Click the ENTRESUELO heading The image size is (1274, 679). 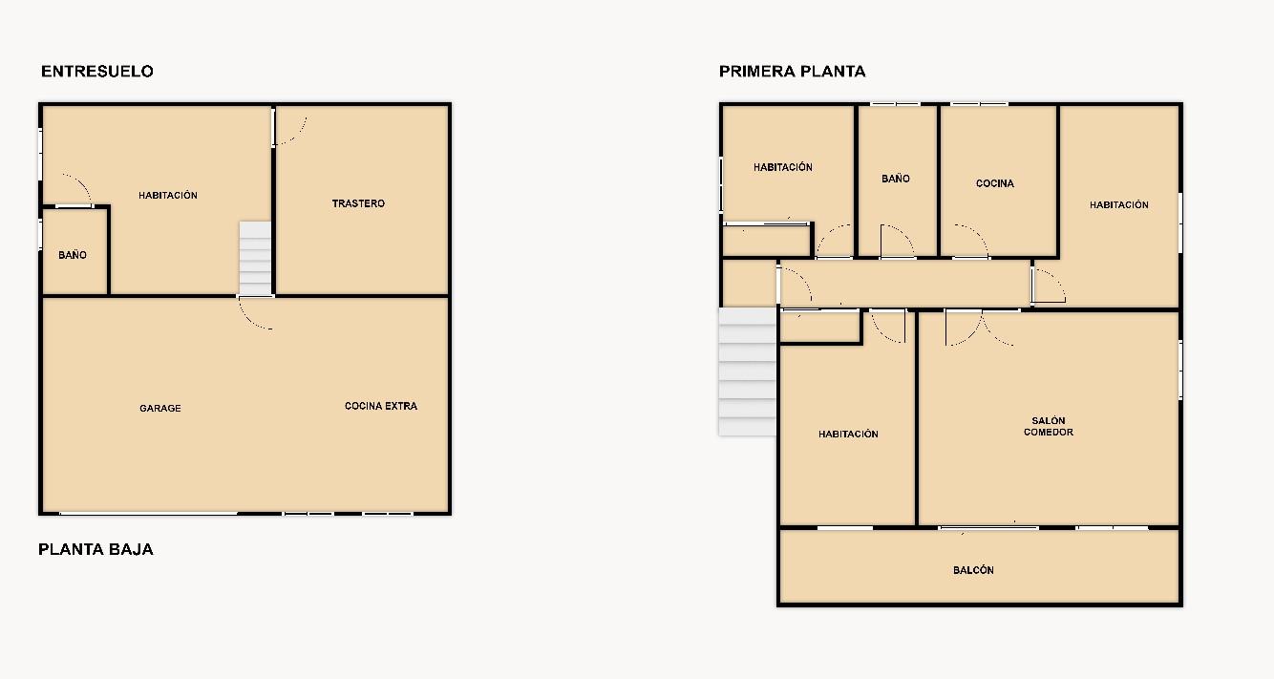tap(97, 71)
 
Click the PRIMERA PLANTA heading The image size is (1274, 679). tap(793, 71)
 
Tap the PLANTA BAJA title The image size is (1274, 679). tap(96, 549)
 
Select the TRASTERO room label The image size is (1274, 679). tap(358, 203)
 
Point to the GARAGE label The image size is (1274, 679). tap(160, 409)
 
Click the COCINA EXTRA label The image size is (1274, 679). tap(381, 406)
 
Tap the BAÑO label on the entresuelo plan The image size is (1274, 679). tap(73, 255)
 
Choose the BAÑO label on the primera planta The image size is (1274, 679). tap(896, 179)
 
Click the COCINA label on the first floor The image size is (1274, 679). tap(995, 183)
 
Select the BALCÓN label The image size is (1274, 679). tap(974, 570)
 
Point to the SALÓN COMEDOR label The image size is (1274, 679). tap(1049, 427)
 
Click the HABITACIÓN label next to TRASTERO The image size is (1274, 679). tap(168, 195)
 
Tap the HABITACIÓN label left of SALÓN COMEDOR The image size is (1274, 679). tap(848, 434)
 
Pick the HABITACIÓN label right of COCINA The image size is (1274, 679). tap(1118, 204)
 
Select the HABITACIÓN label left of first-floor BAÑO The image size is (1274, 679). tap(782, 167)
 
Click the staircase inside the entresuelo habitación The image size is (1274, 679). tap(255, 259)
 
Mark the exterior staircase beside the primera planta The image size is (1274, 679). tap(748, 371)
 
